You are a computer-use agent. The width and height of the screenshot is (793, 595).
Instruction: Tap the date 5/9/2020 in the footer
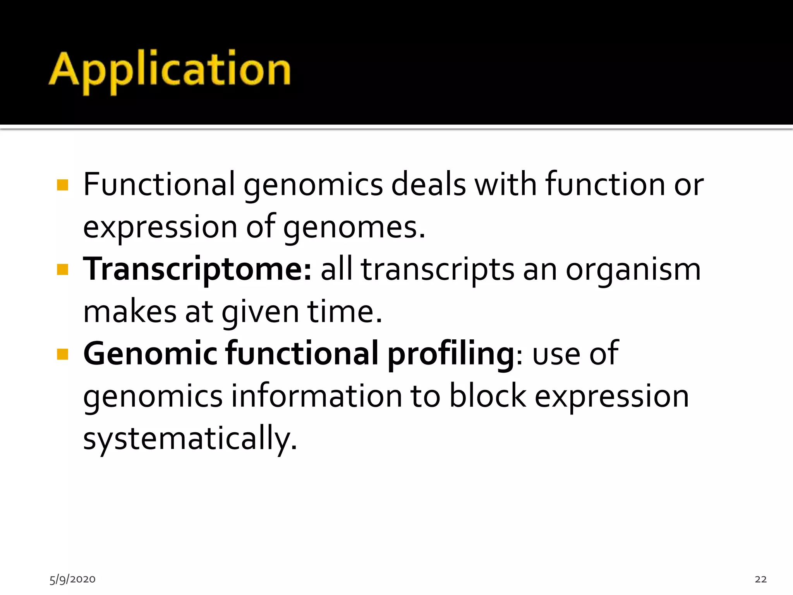[x=72, y=579]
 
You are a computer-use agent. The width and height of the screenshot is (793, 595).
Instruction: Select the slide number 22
[x=760, y=579]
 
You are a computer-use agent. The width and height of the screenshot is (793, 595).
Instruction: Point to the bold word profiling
[x=451, y=354]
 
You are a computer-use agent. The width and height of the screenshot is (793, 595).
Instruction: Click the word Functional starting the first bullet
[x=159, y=184]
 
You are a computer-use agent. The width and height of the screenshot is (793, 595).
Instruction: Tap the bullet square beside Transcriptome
[x=62, y=270]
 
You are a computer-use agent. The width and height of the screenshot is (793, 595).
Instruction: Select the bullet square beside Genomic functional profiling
[x=62, y=354]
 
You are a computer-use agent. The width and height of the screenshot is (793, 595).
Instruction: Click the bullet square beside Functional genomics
[x=62, y=185]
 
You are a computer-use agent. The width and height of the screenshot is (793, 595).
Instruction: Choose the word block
[x=487, y=396]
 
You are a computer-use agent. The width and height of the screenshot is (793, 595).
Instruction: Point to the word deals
[x=428, y=184]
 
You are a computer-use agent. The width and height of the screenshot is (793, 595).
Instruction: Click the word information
[x=317, y=396]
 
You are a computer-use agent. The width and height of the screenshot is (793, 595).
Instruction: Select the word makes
[x=130, y=312]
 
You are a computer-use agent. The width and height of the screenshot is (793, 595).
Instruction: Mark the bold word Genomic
[x=150, y=354]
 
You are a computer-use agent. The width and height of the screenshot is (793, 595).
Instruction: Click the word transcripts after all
[x=438, y=270]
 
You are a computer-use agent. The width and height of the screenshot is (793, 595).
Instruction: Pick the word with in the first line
[x=506, y=184]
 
